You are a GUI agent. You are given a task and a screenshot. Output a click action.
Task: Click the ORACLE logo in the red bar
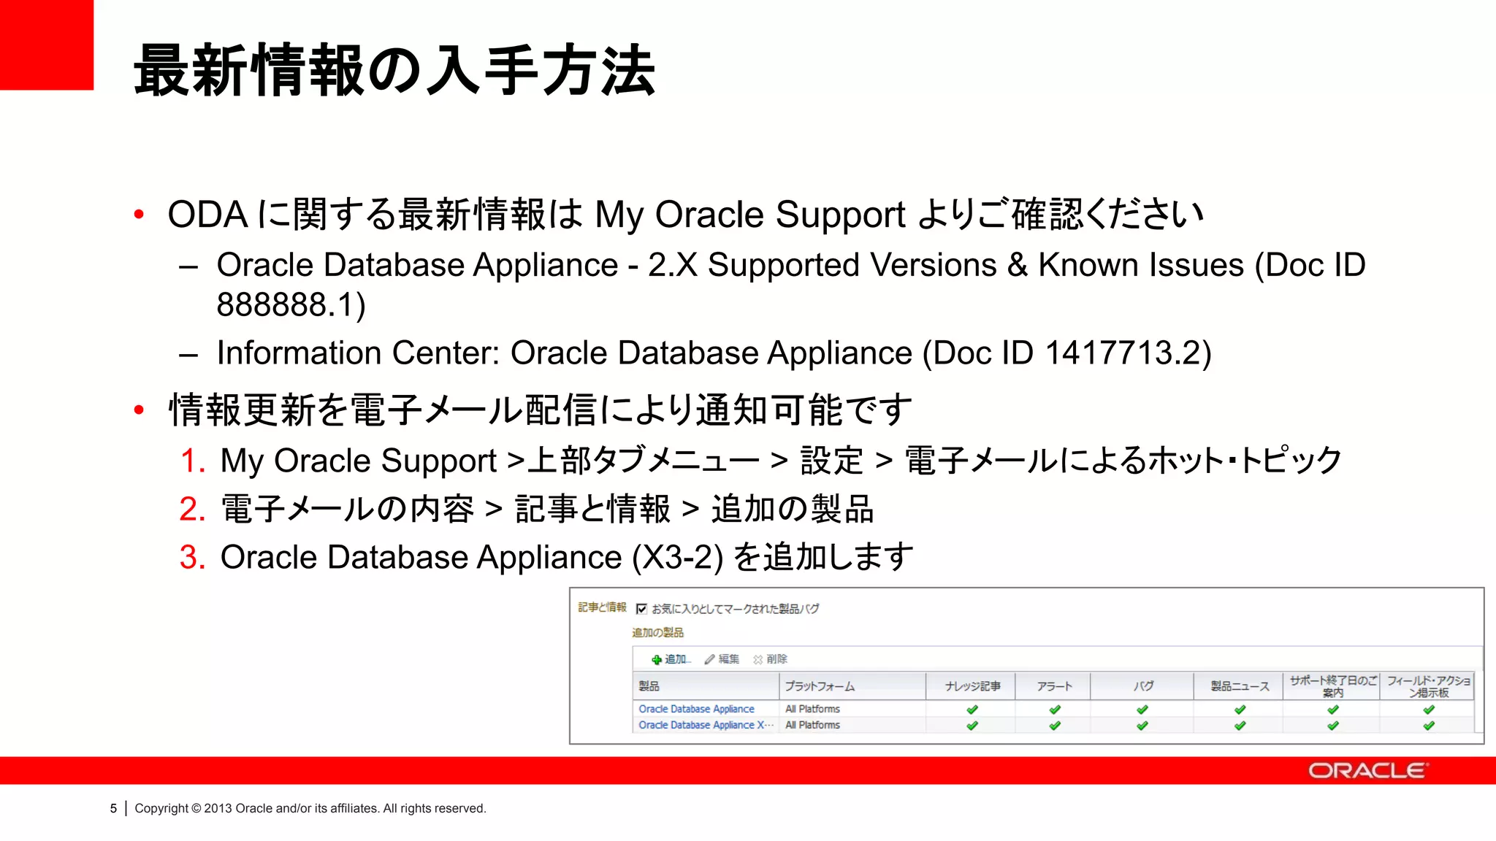(1367, 771)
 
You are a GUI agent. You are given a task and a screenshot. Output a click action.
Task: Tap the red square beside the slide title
(47, 45)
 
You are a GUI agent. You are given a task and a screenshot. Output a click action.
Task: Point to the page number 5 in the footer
(113, 808)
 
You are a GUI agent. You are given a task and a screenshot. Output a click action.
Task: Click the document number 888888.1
(291, 305)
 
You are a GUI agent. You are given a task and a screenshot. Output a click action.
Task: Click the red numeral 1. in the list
(193, 461)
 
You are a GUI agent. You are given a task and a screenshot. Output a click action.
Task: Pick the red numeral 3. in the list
(193, 558)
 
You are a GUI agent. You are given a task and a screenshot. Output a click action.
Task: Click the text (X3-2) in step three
(677, 558)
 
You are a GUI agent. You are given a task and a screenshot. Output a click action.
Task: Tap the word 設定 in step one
(831, 461)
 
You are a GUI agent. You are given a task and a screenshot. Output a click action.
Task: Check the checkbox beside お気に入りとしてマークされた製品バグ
(641, 609)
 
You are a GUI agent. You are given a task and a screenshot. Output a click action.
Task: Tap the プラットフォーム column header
(819, 686)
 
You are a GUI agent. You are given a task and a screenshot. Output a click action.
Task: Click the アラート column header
(1054, 686)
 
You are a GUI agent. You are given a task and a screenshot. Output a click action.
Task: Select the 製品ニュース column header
(1240, 686)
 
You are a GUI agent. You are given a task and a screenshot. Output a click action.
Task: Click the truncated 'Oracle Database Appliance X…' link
(705, 725)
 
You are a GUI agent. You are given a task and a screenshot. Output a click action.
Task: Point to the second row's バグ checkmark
(1142, 726)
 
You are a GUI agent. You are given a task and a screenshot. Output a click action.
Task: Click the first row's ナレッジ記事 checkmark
(972, 710)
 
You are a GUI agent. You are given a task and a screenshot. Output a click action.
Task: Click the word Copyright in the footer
(161, 808)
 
